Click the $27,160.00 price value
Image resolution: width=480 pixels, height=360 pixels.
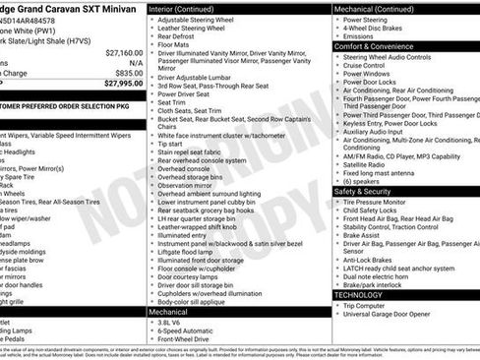coord(123,52)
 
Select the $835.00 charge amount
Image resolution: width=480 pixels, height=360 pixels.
coord(128,73)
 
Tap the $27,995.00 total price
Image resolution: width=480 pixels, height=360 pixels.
coord(122,85)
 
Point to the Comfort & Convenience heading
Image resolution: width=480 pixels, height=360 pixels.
coord(376,46)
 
